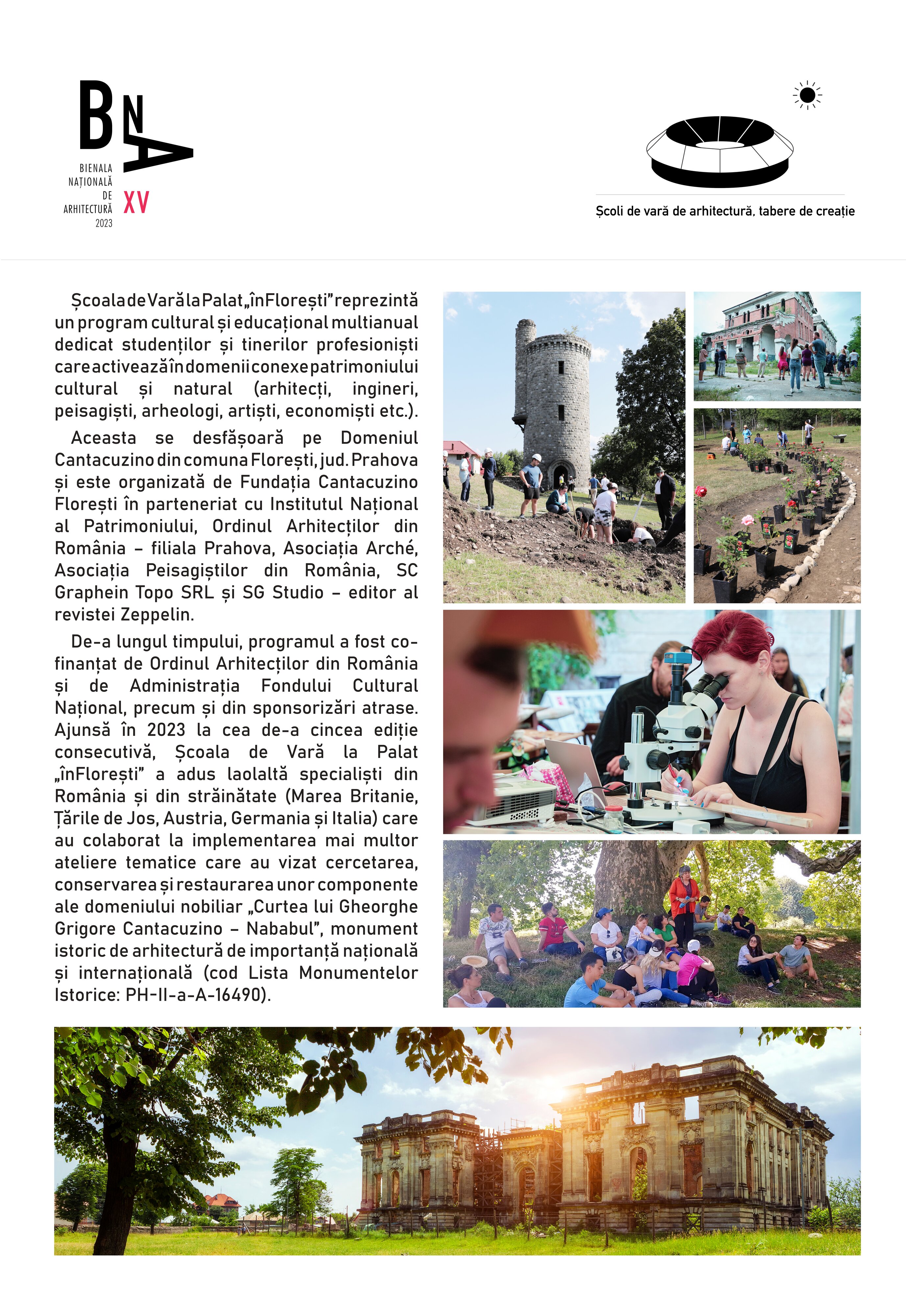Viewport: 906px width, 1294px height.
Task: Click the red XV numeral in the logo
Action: point(136,203)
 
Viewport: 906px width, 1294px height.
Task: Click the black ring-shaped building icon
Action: point(719,151)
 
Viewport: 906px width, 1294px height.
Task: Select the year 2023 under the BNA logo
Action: point(104,223)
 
